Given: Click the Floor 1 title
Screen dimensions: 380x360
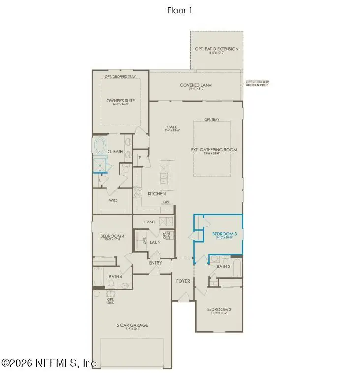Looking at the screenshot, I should point(180,10).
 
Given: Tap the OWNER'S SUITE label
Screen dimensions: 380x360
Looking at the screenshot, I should point(120,101).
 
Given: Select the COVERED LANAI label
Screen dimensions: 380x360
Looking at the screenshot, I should point(196,85).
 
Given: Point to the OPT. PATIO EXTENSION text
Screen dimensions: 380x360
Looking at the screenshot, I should point(216,49).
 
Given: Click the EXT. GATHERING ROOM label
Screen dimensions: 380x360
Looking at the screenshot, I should point(214,150).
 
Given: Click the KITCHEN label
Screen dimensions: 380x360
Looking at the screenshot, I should point(156,194).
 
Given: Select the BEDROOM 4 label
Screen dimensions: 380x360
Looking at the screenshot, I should point(113,236).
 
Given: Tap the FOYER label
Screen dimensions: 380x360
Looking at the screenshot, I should point(183,281).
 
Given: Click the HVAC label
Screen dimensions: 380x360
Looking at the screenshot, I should point(150,222).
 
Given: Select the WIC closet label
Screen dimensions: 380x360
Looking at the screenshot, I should point(113,201).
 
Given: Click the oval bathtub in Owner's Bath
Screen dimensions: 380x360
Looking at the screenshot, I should point(100,147).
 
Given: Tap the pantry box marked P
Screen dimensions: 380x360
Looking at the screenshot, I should point(140,158).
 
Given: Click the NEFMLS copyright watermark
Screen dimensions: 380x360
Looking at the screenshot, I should point(49,363).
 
